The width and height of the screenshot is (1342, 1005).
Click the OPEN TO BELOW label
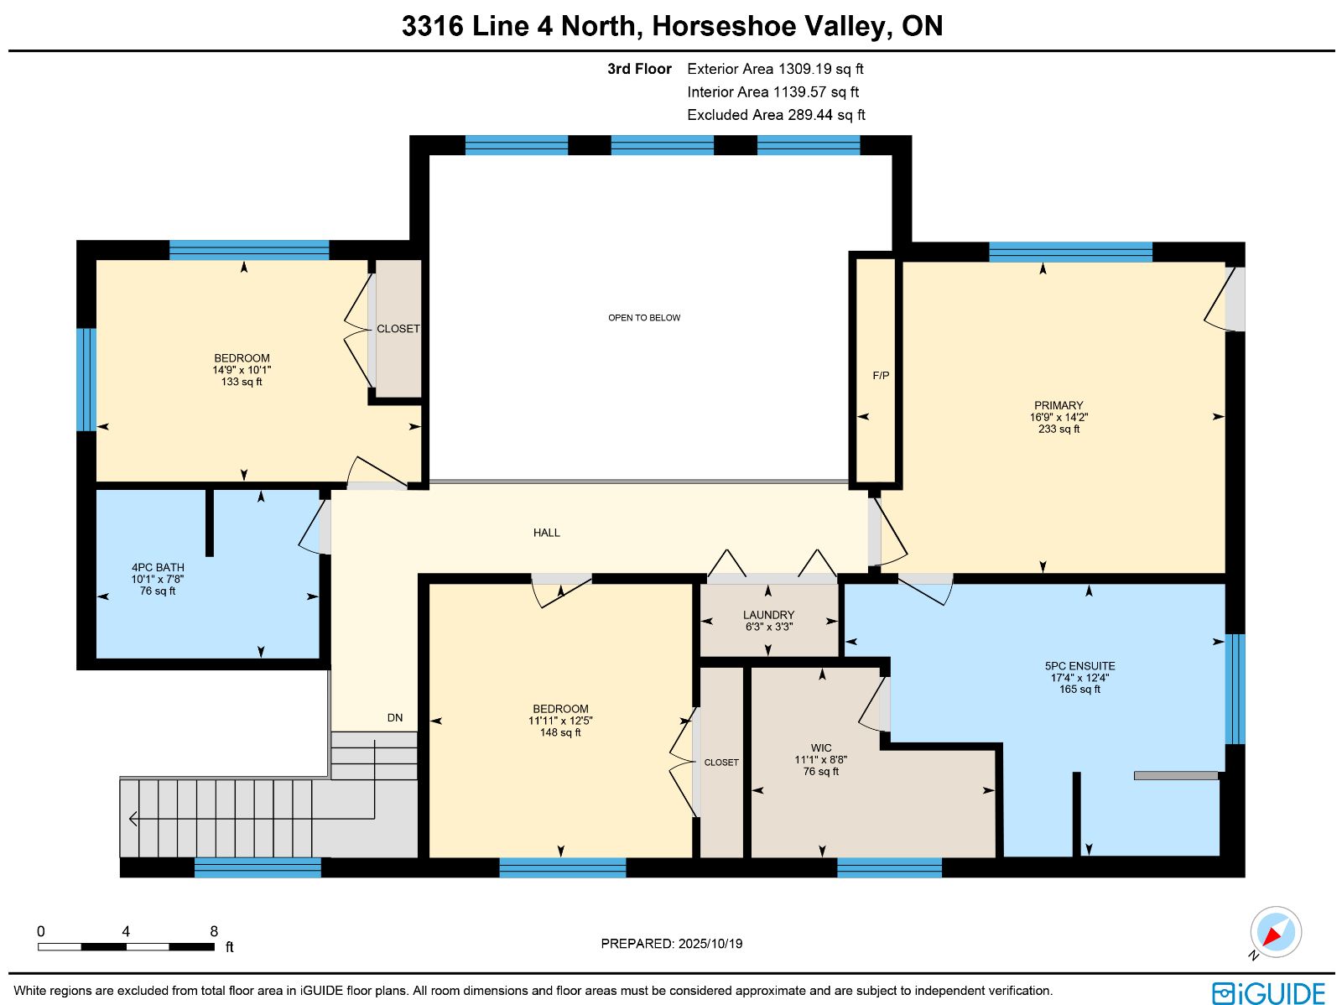[644, 318]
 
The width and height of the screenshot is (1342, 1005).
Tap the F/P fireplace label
[881, 375]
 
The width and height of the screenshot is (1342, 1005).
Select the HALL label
[546, 533]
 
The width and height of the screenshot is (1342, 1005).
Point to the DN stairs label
[395, 718]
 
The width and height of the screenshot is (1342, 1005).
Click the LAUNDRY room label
[768, 615]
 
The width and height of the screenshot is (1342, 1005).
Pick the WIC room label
[821, 747]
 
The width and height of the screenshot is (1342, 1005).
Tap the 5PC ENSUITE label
[1079, 666]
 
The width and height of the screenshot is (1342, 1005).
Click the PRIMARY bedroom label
[1059, 405]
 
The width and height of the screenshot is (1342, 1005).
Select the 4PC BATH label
[158, 567]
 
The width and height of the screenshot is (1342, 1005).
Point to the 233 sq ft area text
[1059, 430]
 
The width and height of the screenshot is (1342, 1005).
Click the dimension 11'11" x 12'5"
[560, 721]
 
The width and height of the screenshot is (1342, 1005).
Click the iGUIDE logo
[1269, 992]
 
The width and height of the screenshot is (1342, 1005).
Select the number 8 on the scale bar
[214, 931]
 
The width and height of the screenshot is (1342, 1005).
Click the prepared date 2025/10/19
[710, 943]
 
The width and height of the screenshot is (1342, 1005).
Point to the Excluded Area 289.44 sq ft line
[776, 115]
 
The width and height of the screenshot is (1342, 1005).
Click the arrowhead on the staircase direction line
[133, 818]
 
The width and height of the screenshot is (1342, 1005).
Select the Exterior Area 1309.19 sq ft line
[775, 69]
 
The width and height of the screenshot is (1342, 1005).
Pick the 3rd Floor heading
[639, 69]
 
